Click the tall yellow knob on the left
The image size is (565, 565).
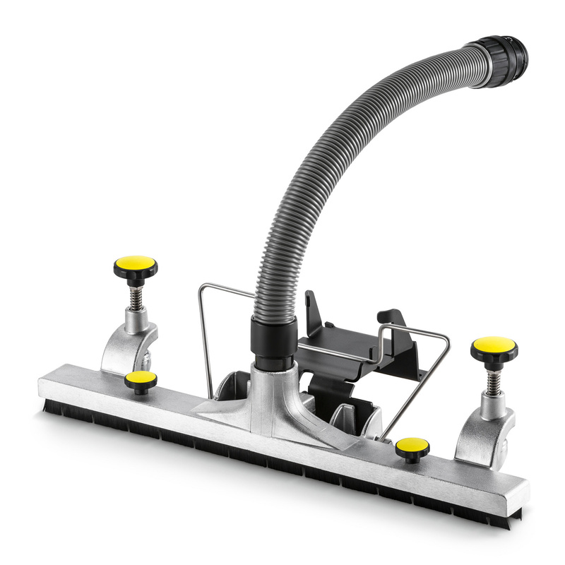(x=135, y=264)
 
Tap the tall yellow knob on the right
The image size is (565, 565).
(x=494, y=345)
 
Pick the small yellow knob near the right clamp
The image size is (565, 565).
(x=412, y=446)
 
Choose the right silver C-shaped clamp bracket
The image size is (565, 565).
(x=484, y=431)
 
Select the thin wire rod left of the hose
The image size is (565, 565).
(x=205, y=339)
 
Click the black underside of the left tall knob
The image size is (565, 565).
(x=135, y=277)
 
